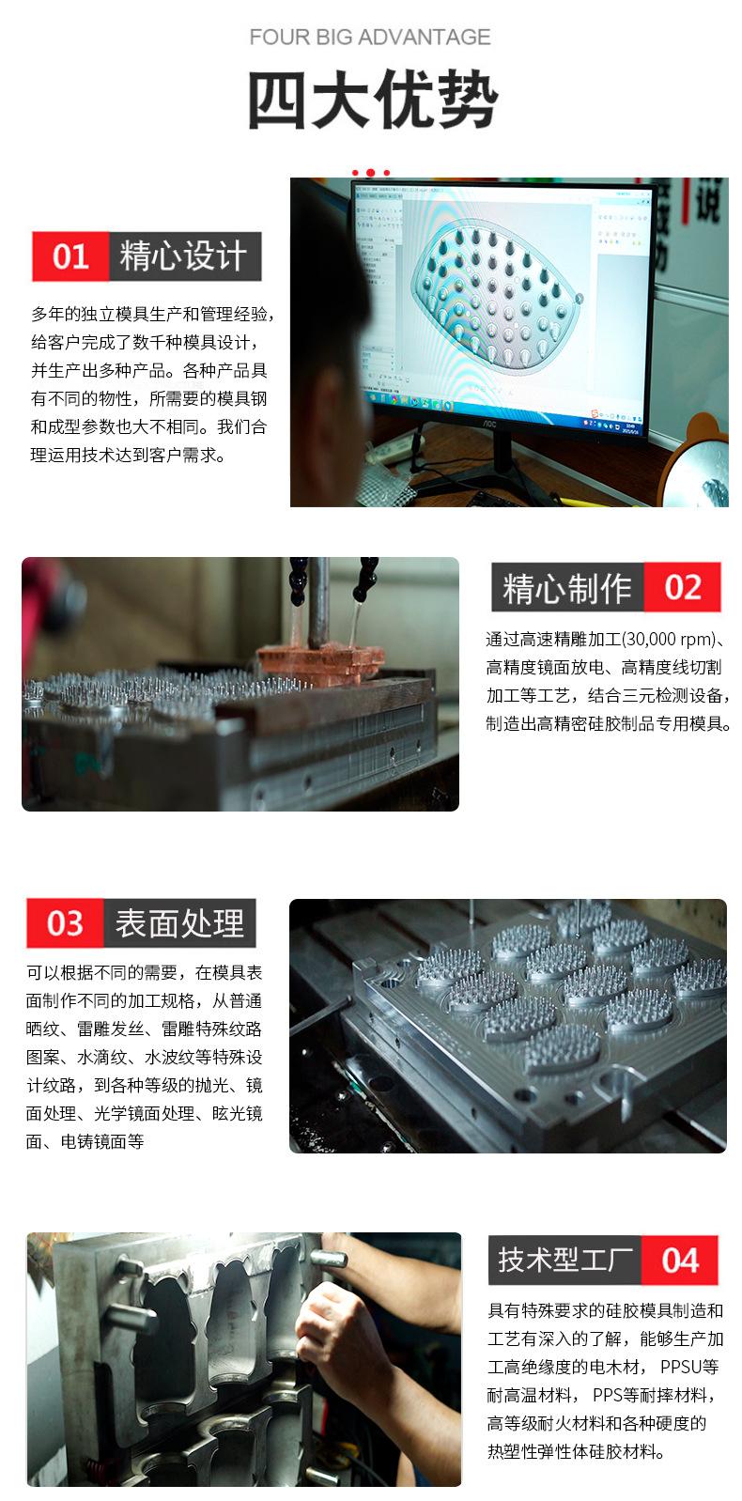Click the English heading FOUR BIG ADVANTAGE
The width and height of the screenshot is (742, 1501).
[x=370, y=37]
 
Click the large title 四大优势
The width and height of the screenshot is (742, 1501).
[x=373, y=100]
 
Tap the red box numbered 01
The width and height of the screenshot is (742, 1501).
[x=70, y=256]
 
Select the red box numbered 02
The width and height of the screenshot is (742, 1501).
[x=682, y=587]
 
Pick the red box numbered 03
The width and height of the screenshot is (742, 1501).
[x=65, y=922]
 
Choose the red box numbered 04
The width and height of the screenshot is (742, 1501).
[x=680, y=1260]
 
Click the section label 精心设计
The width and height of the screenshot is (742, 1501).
[x=184, y=256]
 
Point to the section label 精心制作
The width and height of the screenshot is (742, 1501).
[x=567, y=588]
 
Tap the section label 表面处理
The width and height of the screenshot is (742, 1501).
[x=179, y=922]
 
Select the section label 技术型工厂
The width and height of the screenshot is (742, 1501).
[x=565, y=1260]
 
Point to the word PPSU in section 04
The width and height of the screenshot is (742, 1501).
[x=680, y=1367]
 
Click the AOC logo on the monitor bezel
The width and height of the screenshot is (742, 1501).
[x=491, y=423]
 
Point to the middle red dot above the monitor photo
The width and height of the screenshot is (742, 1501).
[x=371, y=173]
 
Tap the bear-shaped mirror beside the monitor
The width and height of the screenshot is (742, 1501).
[x=696, y=462]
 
